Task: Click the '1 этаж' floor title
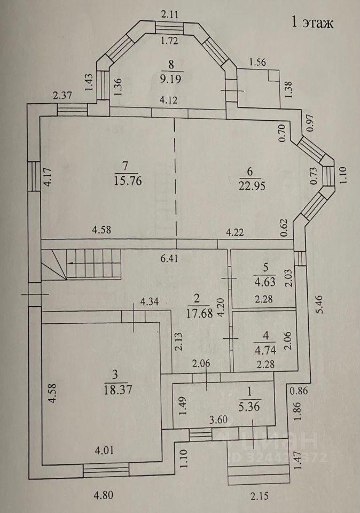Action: pos(312,22)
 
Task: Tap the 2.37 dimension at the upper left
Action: pos(62,96)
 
